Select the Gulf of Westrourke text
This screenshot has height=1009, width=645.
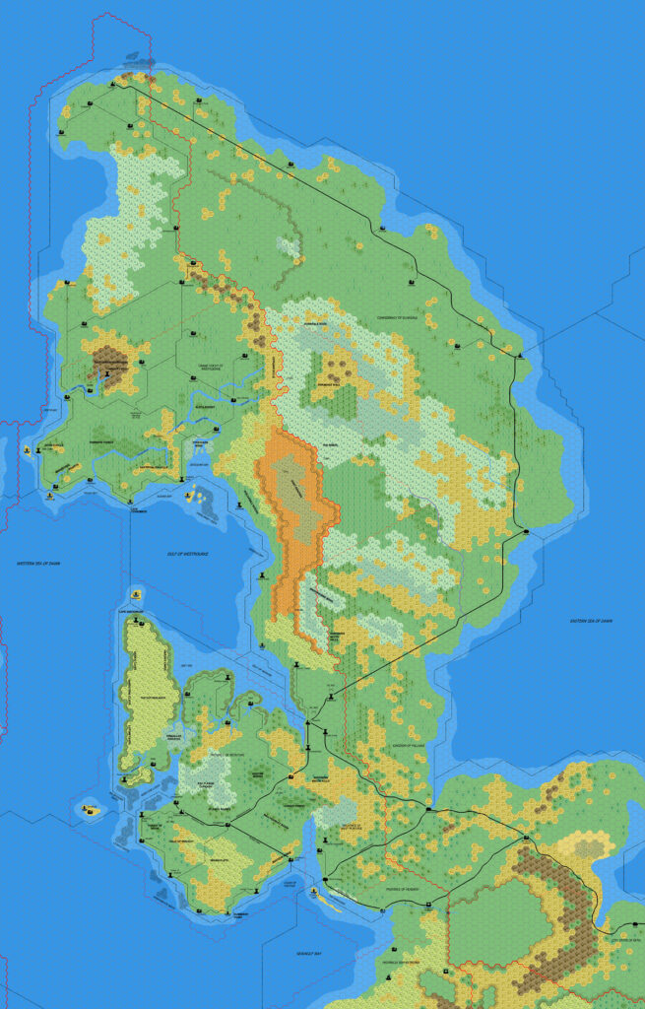[187, 555]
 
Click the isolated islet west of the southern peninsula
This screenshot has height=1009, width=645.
[90, 810]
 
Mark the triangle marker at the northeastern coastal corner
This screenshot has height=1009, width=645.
[521, 353]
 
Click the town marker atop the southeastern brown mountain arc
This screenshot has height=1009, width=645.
[527, 839]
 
